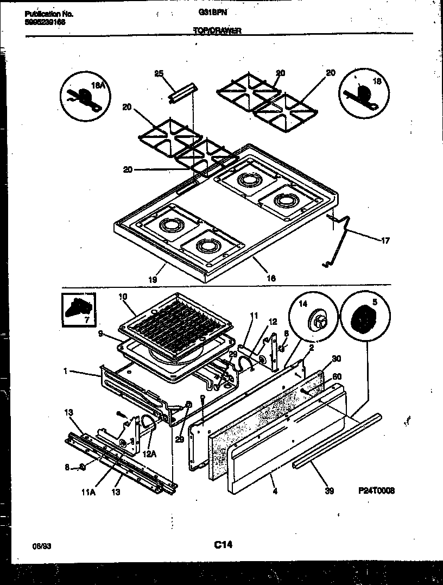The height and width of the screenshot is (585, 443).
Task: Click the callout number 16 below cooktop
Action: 271,278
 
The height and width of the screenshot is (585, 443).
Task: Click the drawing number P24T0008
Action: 376,490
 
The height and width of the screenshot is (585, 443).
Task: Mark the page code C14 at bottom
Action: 223,544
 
